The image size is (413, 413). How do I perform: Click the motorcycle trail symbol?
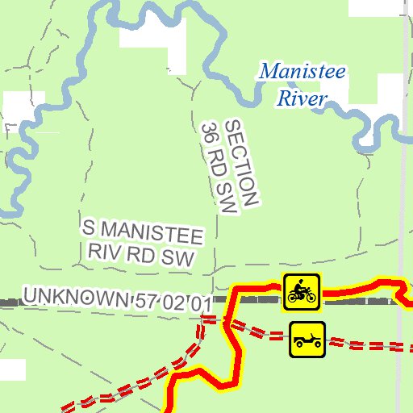tap(302, 292)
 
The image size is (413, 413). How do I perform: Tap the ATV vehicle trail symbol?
tap(307, 339)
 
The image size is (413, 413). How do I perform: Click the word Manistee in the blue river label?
tap(302, 72)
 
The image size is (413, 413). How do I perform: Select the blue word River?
tap(301, 99)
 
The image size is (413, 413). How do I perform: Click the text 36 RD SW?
tap(219, 169)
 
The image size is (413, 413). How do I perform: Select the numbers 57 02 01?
tap(173, 302)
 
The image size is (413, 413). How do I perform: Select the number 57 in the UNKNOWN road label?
tap(145, 300)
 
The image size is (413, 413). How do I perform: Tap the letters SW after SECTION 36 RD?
tap(227, 202)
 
